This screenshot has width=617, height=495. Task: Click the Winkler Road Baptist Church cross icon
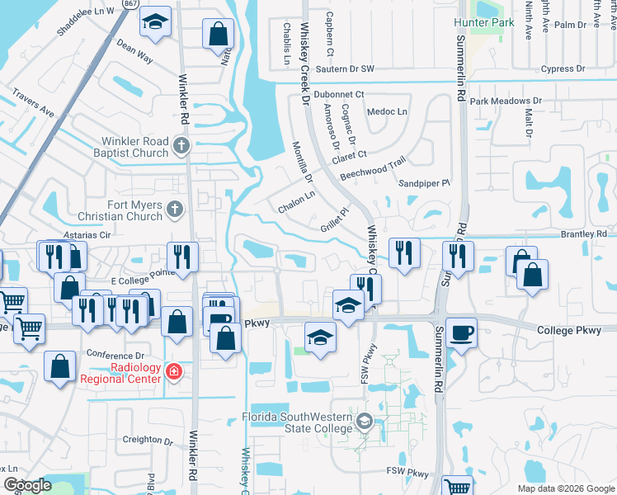coord(182,147)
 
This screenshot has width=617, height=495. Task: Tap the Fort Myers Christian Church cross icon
coord(173,210)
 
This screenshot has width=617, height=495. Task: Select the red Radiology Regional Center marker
coord(173,371)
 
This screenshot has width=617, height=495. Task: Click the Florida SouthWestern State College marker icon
coord(365,423)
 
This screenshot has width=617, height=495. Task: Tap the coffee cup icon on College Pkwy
coord(461,332)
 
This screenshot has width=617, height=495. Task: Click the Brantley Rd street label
coord(583,234)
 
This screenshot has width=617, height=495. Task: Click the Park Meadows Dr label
coord(506,101)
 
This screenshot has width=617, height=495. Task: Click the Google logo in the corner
coord(27,485)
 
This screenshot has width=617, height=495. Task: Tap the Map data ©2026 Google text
coord(566,488)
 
